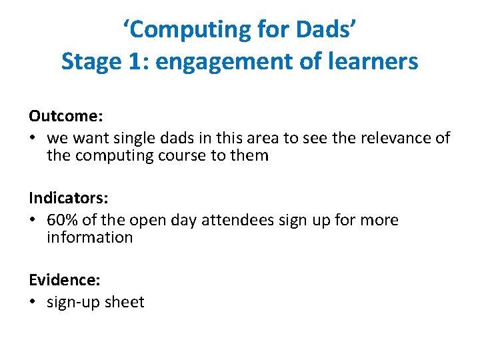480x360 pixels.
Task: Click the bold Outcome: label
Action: [65, 115]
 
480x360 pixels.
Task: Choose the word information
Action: [89, 237]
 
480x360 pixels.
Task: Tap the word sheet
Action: [125, 302]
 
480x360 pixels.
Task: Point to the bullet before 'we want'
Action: [33, 139]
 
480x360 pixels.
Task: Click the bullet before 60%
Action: [33, 221]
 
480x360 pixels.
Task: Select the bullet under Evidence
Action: [33, 303]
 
